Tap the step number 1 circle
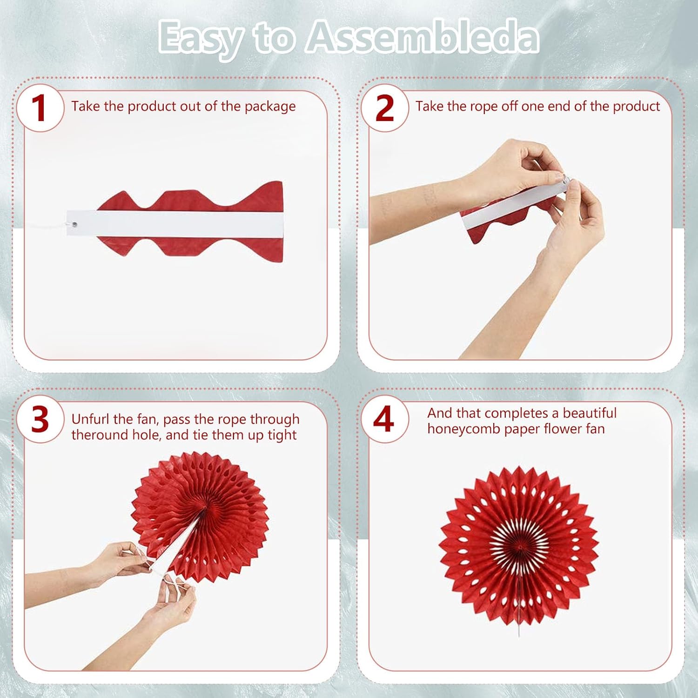40,108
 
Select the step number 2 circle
385,108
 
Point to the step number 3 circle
40,419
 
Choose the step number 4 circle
385,419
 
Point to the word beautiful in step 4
590,413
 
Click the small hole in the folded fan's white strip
75,225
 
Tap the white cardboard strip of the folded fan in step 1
174,223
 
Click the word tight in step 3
282,435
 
